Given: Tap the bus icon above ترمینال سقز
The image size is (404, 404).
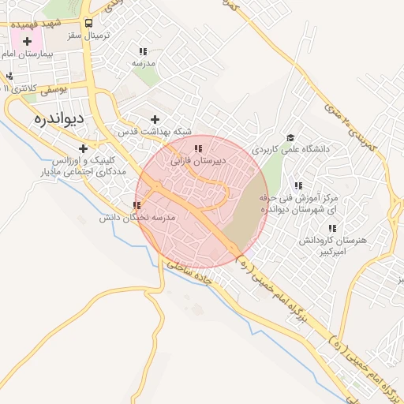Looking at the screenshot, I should click(x=88, y=23).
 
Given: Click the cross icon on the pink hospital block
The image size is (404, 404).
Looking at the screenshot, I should click(x=28, y=40).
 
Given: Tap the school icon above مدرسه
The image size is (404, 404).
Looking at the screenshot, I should click(x=142, y=50).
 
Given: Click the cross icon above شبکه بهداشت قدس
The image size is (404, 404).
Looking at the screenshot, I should click(x=155, y=118).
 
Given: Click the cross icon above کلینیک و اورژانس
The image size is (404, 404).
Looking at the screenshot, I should click(x=83, y=148).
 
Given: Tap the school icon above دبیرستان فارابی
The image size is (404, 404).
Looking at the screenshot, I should click(x=198, y=148).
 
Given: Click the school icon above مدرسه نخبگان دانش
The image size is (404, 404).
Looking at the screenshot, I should click(x=137, y=205).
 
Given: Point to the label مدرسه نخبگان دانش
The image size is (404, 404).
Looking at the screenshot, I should click(x=130, y=218).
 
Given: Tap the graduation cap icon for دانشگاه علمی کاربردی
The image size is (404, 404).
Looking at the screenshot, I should click(x=290, y=137).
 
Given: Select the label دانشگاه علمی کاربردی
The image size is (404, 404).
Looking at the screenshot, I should click(x=290, y=148).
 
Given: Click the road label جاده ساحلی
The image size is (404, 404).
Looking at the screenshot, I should click(x=190, y=276).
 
